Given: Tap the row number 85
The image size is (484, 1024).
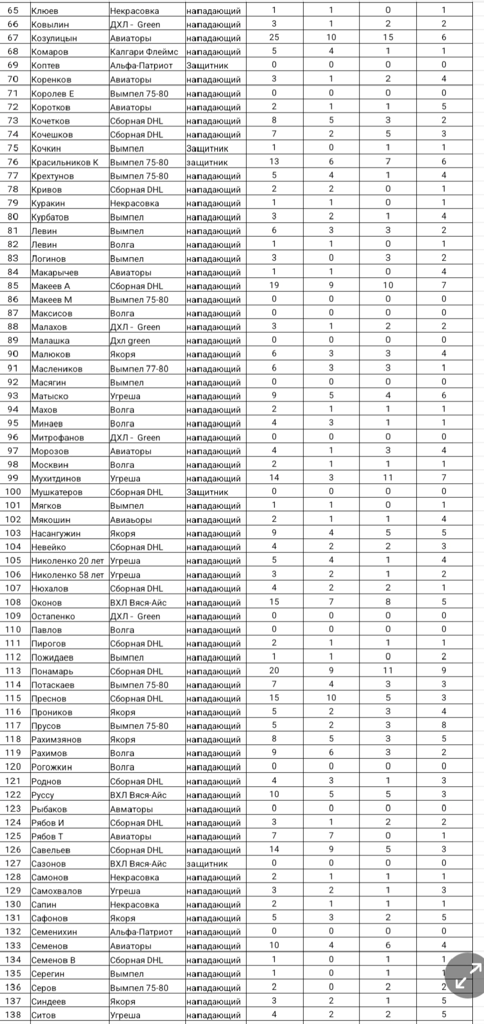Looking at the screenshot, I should pyautogui.click(x=13, y=286).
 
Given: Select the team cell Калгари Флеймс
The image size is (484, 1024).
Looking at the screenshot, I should pyautogui.click(x=144, y=52).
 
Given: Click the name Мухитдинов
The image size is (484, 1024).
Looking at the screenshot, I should pyautogui.click(x=56, y=479).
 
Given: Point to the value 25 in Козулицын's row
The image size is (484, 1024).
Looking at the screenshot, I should pyautogui.click(x=274, y=37).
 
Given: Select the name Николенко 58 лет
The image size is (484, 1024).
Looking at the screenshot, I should pyautogui.click(x=67, y=575).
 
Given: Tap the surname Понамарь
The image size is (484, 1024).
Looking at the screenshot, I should pyautogui.click(x=52, y=671).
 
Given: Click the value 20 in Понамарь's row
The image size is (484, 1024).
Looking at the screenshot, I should pyautogui.click(x=274, y=671).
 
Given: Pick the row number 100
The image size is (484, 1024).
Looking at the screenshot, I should pyautogui.click(x=13, y=492).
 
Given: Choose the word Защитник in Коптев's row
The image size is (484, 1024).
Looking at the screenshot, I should pyautogui.click(x=207, y=65).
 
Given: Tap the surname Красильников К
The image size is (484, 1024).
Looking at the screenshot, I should pyautogui.click(x=65, y=162).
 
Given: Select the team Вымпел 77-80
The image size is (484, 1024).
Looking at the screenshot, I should pyautogui.click(x=139, y=368).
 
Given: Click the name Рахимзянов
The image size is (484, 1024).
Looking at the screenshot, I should pyautogui.click(x=56, y=740).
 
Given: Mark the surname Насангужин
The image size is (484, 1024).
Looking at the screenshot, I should pyautogui.click(x=56, y=533).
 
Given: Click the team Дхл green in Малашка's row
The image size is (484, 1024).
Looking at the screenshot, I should pyautogui.click(x=130, y=340).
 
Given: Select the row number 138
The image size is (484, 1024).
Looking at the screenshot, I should pyautogui.click(x=13, y=1015).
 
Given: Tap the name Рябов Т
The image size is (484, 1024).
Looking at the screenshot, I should pyautogui.click(x=47, y=836).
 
